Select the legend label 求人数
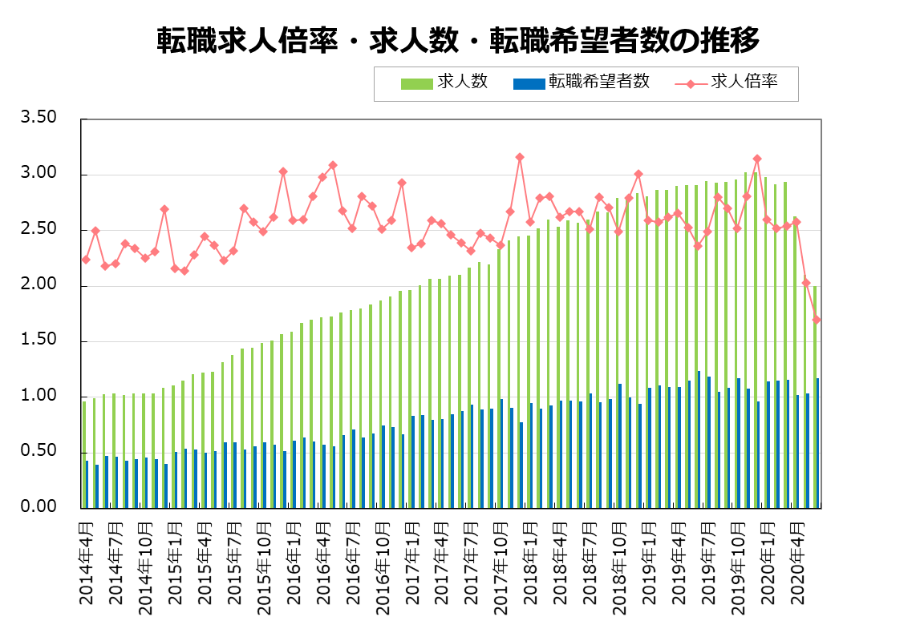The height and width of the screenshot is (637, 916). [463, 82]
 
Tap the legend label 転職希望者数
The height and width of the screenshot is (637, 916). [598, 82]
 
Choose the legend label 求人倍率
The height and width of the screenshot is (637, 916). [744, 82]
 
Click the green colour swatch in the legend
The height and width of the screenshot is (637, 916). [416, 83]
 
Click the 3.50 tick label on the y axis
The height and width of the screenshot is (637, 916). [40, 118]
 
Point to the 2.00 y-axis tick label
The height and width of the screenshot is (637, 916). [40, 285]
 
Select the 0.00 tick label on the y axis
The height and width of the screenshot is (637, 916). [40, 507]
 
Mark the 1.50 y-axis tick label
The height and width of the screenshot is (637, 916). [40, 341]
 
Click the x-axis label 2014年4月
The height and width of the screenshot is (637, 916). [87, 561]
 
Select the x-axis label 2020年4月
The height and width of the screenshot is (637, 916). [796, 561]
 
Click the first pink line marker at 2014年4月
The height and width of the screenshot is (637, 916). [86, 260]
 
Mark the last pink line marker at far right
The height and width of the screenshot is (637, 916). [817, 320]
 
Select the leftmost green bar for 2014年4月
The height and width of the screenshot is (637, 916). [84, 454]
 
